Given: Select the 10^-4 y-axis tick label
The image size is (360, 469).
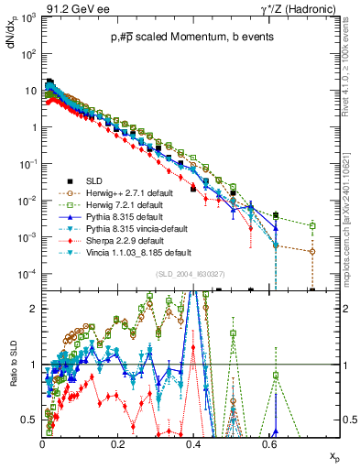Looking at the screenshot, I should click(x=27, y=273).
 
